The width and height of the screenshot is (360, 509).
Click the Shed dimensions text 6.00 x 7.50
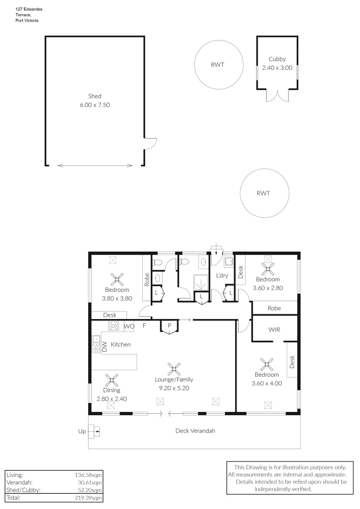point(95,105)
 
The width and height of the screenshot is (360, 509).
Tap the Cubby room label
point(277,59)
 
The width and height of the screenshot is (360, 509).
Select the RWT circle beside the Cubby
point(220,65)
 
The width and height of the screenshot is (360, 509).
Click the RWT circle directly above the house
point(264,193)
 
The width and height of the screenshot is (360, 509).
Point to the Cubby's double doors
point(277,95)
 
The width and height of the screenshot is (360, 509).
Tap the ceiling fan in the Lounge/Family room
point(174,368)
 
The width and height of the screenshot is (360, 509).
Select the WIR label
point(274,329)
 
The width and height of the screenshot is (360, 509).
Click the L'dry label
point(222,275)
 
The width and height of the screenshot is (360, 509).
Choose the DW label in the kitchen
point(105,347)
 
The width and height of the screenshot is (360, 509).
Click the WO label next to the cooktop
point(129,326)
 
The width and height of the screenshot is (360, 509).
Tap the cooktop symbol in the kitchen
point(114,326)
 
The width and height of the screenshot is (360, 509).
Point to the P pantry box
point(169,326)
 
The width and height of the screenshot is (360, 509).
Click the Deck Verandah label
point(195,430)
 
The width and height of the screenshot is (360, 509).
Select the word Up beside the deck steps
point(82,431)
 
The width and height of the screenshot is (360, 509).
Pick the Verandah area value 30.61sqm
point(90,483)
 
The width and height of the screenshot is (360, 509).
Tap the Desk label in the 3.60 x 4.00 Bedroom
point(292,362)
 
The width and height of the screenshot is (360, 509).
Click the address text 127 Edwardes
point(29,9)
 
